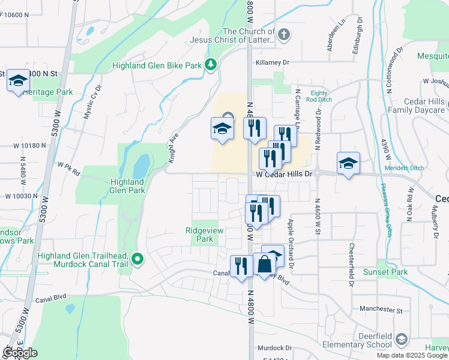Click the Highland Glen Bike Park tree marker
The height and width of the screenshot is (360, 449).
[210, 65]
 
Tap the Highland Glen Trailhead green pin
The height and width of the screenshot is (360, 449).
[137, 259]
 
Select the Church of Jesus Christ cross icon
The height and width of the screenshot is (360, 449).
[284, 35]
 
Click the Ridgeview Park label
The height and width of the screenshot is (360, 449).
[199, 234]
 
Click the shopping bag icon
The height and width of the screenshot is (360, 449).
[264, 264]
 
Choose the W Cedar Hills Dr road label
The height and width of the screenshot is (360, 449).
[285, 174]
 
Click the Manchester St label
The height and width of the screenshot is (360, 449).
[381, 310]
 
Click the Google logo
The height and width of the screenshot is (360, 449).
[20, 353]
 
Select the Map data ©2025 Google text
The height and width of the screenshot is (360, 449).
[412, 355]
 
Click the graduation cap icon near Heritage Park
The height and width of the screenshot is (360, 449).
[18, 80]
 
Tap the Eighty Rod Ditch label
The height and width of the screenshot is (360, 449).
[319, 97]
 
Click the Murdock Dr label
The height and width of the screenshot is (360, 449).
[274, 348]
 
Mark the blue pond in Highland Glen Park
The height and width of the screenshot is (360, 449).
[140, 166]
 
